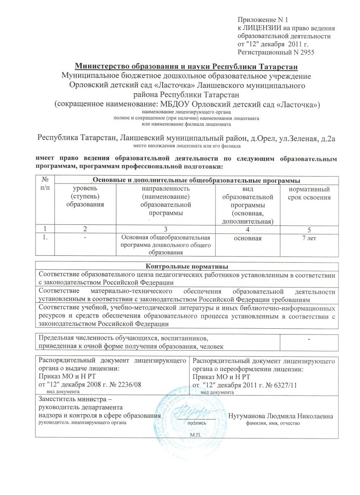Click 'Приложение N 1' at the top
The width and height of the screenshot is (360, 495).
pos(260,20)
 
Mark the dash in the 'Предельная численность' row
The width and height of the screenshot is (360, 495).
pos(309,339)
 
